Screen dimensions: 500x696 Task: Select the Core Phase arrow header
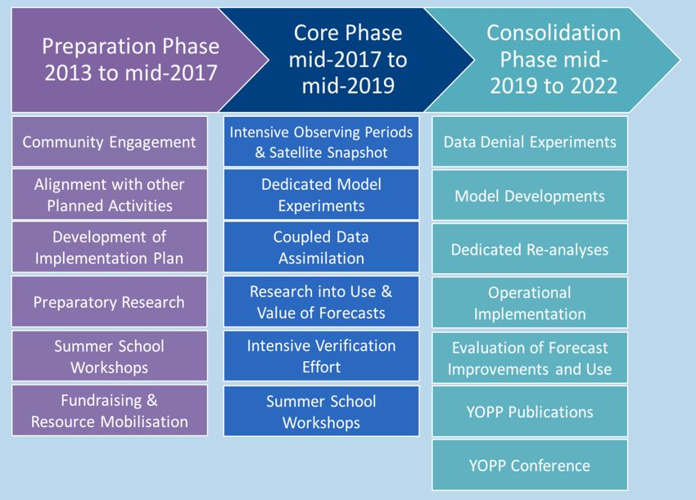[348, 60]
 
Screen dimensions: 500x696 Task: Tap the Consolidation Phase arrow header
[554, 60]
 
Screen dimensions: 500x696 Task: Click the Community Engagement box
[109, 142]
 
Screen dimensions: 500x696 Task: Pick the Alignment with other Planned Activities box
[109, 195]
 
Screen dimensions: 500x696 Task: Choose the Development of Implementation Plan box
[109, 248]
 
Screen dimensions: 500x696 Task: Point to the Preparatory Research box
[109, 302]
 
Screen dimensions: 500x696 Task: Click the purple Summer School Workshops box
[109, 356]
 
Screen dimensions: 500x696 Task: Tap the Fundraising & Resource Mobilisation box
[109, 411]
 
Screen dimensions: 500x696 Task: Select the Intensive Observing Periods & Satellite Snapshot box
[321, 142]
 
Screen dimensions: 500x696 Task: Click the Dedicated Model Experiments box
[321, 195]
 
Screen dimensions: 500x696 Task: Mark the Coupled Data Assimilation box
[321, 248]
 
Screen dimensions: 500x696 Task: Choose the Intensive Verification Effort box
[321, 356]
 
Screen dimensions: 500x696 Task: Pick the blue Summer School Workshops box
[321, 411]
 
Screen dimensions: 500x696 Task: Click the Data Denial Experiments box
[530, 142]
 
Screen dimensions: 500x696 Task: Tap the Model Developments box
[530, 196]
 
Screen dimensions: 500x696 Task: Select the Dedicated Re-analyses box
[530, 250]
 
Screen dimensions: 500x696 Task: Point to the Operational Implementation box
[530, 303]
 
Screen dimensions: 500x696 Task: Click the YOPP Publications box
[530, 411]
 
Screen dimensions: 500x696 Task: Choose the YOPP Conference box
[530, 465]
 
